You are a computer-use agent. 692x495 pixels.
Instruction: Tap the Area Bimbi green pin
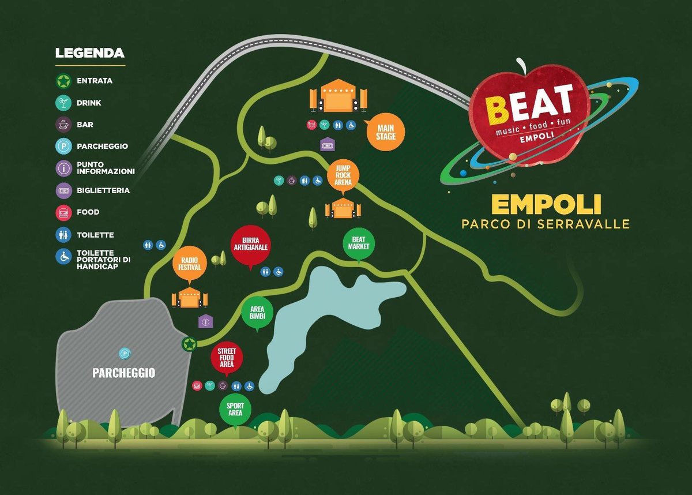(257, 313)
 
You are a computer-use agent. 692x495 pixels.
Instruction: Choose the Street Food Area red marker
(227, 358)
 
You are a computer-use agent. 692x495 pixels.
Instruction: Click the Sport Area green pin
(235, 410)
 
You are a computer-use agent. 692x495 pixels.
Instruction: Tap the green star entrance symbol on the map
(189, 344)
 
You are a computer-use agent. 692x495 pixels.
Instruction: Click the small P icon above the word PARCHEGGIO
(123, 353)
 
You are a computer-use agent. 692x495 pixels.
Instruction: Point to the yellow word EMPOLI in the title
(546, 205)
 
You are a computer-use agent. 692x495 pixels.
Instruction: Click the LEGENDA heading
(89, 54)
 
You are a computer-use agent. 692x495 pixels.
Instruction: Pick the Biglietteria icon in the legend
(63, 190)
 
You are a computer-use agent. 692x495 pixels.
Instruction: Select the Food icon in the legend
(63, 212)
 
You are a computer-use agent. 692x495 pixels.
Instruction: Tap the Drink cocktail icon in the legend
(63, 103)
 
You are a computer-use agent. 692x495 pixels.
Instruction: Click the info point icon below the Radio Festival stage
(205, 321)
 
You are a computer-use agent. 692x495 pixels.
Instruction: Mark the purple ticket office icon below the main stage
(327, 144)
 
